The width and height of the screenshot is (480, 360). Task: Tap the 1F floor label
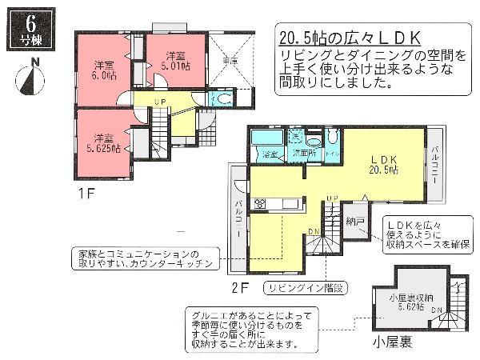pyautogui.click(x=86, y=194)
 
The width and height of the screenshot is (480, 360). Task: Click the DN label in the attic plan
pyautogui.click(x=435, y=310)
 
